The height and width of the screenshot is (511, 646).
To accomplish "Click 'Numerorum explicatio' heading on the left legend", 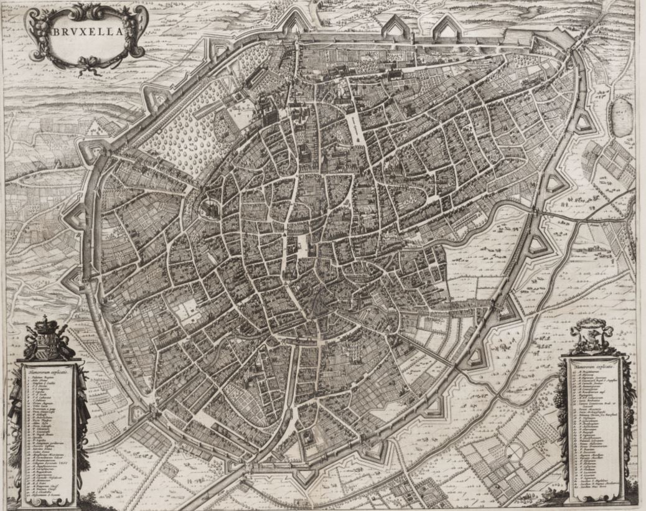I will pyautogui.click(x=47, y=372).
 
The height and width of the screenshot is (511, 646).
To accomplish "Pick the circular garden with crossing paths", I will pyautogui.click(x=514, y=451).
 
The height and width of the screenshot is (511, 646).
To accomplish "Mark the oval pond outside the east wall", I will pyautogui.click(x=620, y=116).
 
